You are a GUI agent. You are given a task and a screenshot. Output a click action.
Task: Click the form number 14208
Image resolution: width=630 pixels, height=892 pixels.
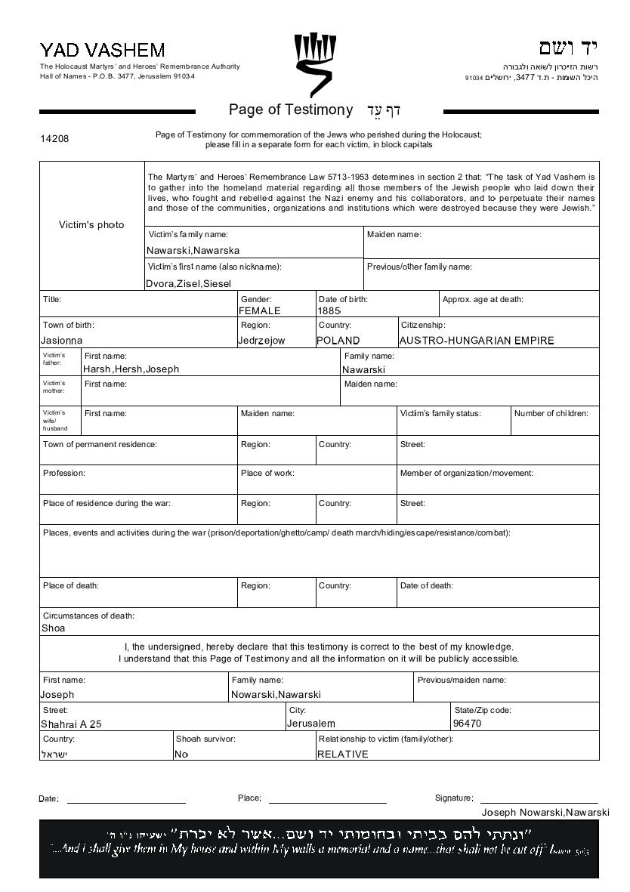click(54, 139)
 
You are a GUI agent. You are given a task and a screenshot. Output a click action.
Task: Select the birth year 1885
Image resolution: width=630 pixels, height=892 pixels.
click(329, 310)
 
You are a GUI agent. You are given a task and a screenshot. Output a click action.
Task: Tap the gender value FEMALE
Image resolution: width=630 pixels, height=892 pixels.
click(259, 310)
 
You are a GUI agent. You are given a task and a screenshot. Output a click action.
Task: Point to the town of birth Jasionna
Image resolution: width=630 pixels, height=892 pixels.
click(62, 341)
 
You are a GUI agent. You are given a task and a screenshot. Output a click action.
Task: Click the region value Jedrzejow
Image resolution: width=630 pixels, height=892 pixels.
click(261, 341)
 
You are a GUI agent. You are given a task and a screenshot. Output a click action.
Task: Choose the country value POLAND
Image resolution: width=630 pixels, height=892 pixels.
click(338, 341)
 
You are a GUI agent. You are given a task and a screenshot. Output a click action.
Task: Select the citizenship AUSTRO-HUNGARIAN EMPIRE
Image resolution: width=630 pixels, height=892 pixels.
click(476, 341)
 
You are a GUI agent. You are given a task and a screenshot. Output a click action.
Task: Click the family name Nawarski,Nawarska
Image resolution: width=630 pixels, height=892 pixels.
click(193, 250)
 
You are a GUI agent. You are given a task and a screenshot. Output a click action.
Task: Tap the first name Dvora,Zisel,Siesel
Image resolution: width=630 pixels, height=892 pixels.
click(188, 283)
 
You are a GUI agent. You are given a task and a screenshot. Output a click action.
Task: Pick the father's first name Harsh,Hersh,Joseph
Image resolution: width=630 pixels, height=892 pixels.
click(131, 369)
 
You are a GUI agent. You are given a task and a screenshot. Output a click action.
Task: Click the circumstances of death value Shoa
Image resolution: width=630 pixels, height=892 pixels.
click(53, 628)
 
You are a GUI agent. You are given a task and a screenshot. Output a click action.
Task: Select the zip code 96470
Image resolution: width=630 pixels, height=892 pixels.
click(467, 724)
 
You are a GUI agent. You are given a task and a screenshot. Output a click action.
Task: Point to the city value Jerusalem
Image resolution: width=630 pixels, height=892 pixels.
click(310, 724)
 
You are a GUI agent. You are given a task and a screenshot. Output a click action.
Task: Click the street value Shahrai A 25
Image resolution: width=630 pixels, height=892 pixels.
click(71, 724)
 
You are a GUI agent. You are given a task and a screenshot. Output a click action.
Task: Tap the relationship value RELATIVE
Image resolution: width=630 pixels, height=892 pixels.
click(342, 754)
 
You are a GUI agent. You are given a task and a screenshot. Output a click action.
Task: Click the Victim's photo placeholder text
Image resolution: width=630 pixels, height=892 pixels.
click(91, 225)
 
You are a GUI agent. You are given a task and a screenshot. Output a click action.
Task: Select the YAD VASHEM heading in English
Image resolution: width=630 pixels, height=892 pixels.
click(102, 51)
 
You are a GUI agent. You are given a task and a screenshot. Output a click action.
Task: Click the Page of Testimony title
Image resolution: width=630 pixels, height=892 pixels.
click(291, 110)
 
